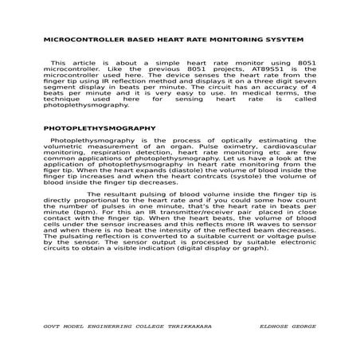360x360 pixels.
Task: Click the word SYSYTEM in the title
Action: click(x=280, y=39)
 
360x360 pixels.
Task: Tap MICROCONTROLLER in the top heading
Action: click(x=83, y=39)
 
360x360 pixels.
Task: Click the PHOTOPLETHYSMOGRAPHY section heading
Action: click(x=99, y=127)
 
